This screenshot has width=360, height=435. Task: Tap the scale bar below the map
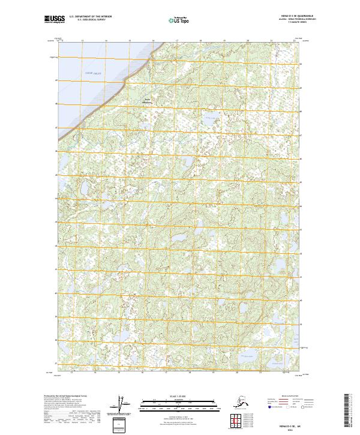point(178,405)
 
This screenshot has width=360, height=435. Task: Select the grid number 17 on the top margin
point(177,41)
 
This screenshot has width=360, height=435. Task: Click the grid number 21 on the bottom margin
point(260,373)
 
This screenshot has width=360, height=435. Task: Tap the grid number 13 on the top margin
point(82,41)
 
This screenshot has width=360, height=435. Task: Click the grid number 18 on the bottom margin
point(190,373)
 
